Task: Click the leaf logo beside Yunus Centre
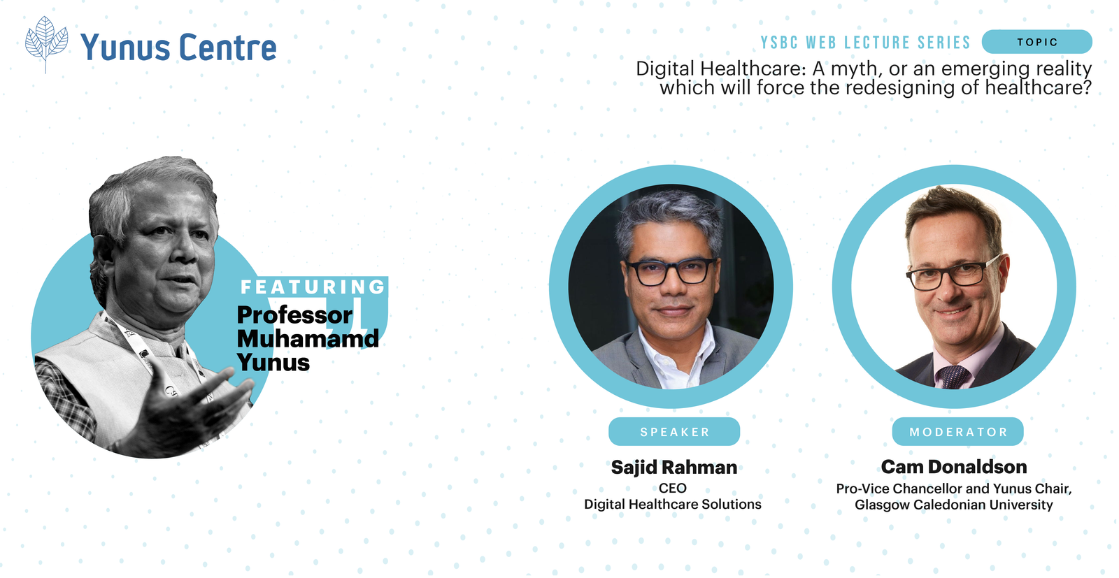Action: (46, 45)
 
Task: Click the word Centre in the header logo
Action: (227, 48)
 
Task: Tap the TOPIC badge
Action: (1036, 42)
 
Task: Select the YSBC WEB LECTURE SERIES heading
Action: (865, 43)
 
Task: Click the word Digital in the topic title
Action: (665, 68)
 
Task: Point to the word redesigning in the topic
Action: (900, 88)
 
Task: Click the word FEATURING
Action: (313, 287)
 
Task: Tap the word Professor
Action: (294, 315)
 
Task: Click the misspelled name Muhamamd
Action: (308, 338)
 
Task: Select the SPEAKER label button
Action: (674, 432)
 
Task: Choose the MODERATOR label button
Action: (957, 432)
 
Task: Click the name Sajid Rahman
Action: (674, 468)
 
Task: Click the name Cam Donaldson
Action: (954, 467)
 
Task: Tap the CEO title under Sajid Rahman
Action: (672, 488)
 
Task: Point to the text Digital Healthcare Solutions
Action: (672, 505)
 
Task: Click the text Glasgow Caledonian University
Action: (954, 505)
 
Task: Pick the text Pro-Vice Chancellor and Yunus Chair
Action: (954, 489)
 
